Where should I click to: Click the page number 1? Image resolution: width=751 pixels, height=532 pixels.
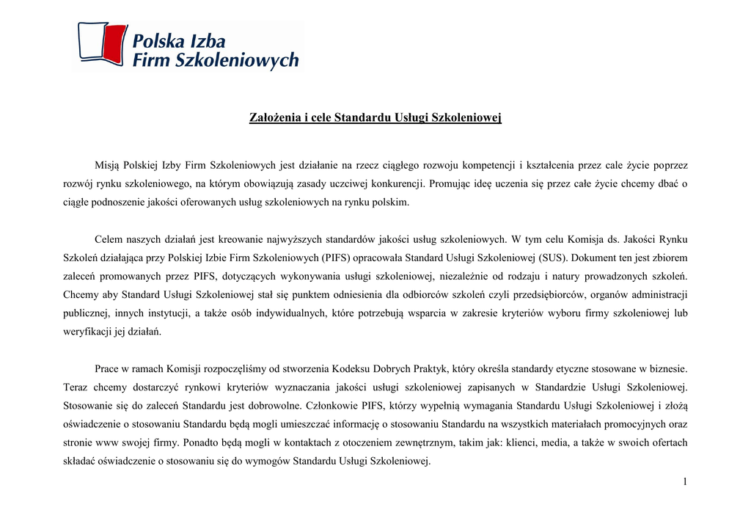tap(684, 481)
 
